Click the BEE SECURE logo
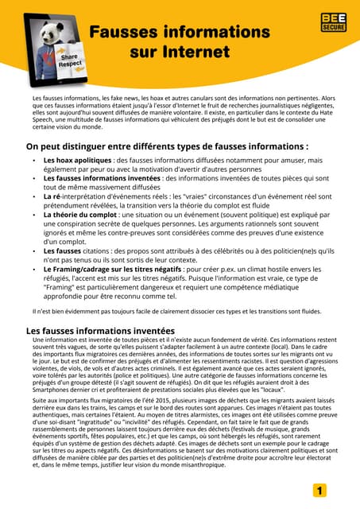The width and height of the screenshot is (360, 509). (333, 22)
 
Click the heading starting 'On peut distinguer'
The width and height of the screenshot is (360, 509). (167, 146)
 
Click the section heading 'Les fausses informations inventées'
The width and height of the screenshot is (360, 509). (100, 330)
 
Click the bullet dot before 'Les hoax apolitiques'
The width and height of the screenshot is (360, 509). (33, 161)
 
